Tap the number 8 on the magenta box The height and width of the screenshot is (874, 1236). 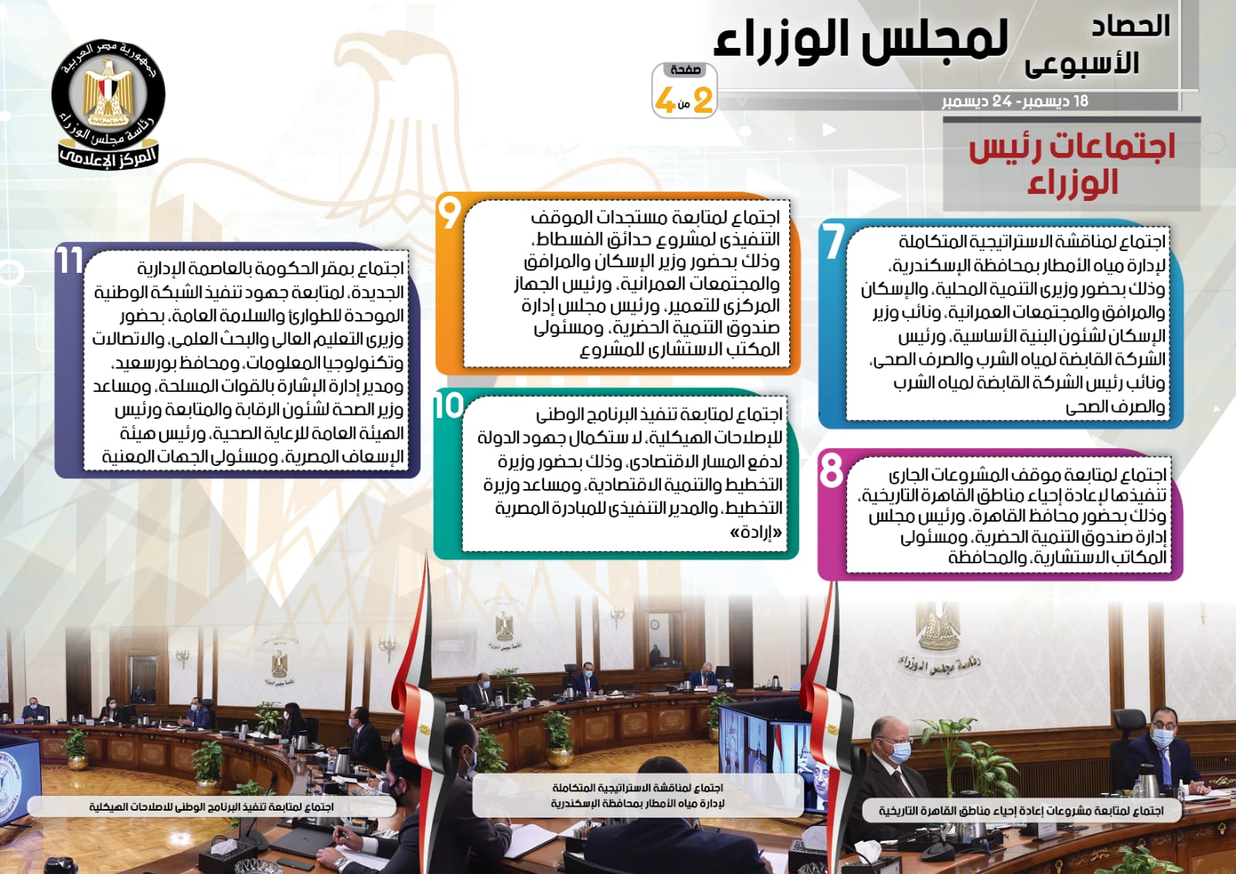(831, 470)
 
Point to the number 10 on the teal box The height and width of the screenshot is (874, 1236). (448, 405)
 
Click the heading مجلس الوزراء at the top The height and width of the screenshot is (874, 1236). (861, 39)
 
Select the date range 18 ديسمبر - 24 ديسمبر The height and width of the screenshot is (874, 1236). (1015, 101)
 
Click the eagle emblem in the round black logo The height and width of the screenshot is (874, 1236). (107, 93)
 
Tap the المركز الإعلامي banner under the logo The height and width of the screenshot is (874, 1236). (108, 157)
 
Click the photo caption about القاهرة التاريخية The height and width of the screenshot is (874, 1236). (1021, 811)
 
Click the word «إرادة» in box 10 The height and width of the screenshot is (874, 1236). (756, 532)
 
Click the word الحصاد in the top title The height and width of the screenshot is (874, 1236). (1131, 26)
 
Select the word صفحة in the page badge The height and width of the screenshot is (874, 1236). (686, 70)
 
